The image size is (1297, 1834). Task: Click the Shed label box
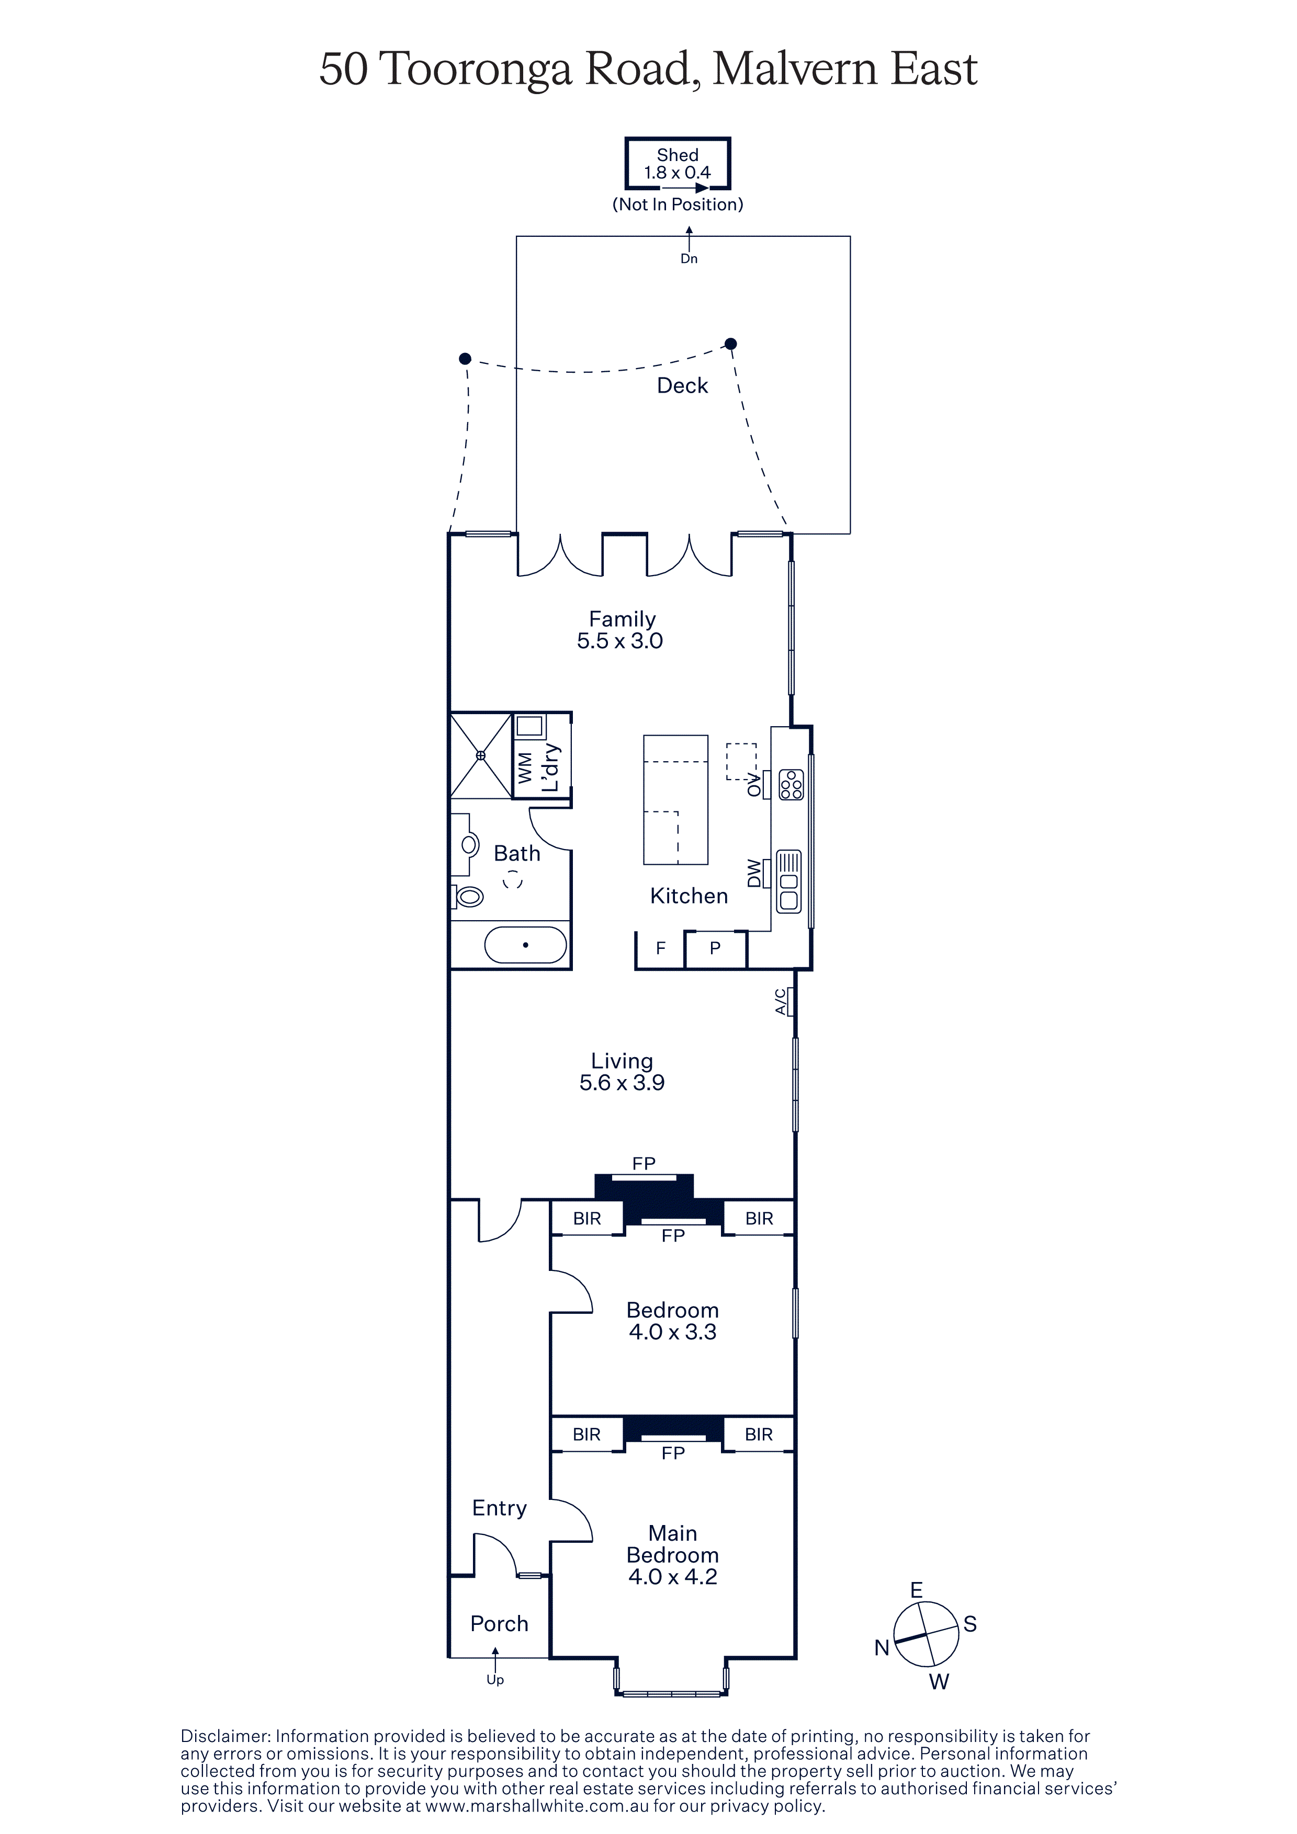(x=678, y=164)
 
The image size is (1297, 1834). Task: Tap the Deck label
(x=682, y=386)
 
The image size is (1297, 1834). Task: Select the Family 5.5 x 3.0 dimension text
(x=620, y=640)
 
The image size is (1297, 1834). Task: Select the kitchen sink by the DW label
(x=789, y=881)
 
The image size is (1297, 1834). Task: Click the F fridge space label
(x=661, y=948)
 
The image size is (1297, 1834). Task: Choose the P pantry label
(x=715, y=948)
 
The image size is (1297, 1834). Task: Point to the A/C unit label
(x=781, y=1002)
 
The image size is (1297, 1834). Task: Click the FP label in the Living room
(x=644, y=1164)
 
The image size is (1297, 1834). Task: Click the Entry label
(x=500, y=1509)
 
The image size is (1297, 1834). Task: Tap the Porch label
(x=500, y=1624)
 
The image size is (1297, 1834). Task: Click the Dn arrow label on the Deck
(x=689, y=259)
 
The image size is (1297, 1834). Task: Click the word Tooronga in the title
(x=476, y=70)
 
